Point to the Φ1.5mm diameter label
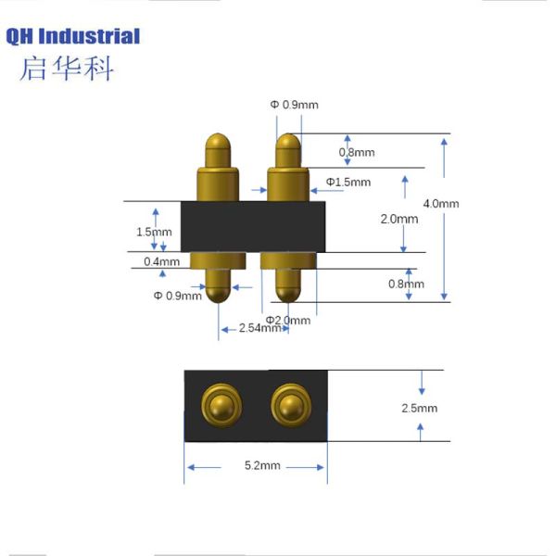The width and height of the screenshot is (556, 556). [x=347, y=182]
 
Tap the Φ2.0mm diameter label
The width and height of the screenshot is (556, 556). [x=288, y=320]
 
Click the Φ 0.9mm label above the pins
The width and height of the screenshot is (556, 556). [x=294, y=105]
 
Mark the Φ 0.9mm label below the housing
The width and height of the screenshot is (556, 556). [x=177, y=296]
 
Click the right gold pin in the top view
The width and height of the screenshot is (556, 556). [x=289, y=404]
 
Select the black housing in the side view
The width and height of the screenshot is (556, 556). [x=255, y=225]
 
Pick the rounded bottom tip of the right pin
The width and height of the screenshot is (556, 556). [x=288, y=294]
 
